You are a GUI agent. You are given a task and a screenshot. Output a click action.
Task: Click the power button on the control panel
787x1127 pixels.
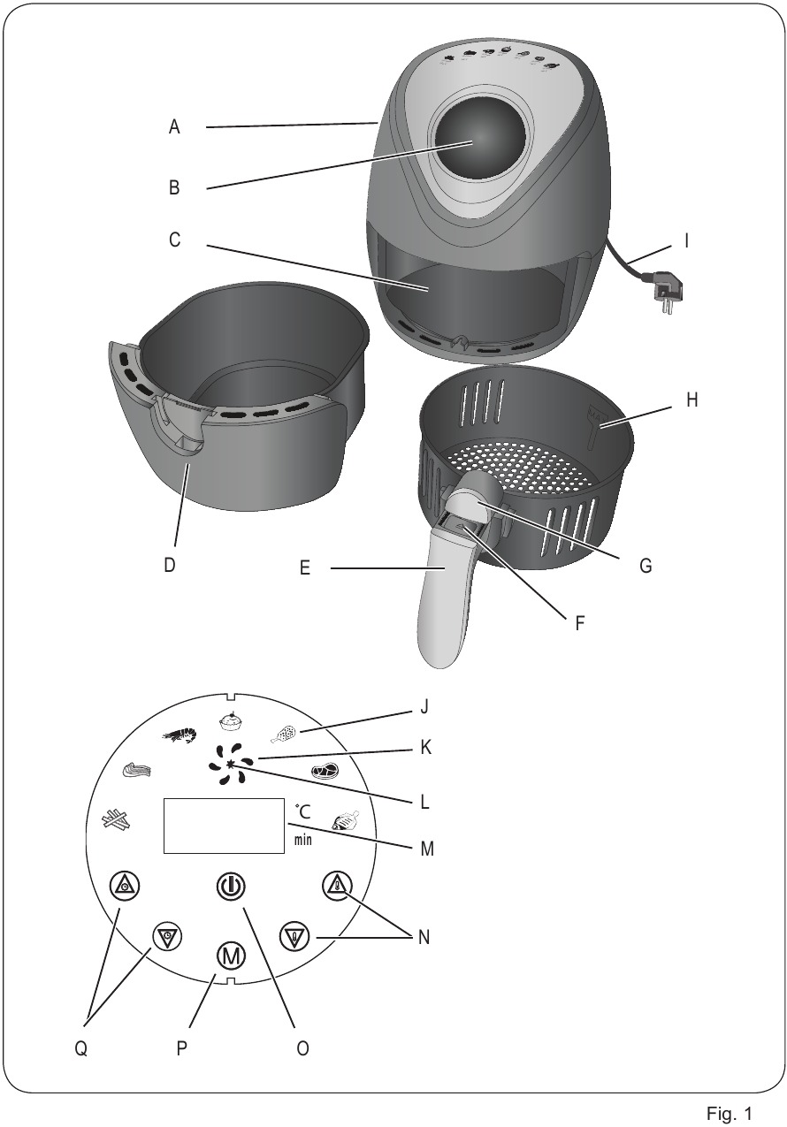click(231, 886)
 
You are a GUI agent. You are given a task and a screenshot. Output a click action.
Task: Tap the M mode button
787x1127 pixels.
click(231, 956)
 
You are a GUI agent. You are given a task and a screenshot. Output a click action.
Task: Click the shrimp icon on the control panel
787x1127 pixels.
click(180, 735)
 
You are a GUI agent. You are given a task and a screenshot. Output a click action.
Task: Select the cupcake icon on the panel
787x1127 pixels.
click(232, 721)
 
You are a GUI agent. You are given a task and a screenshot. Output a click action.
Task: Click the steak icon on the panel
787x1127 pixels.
click(325, 770)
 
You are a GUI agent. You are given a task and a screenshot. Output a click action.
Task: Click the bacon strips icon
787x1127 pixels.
click(137, 770)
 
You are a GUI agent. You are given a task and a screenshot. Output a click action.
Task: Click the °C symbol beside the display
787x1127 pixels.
click(303, 811)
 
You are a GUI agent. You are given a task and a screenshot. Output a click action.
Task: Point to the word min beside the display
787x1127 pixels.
click(303, 839)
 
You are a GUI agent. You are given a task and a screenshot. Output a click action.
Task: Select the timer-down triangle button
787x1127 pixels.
click(166, 935)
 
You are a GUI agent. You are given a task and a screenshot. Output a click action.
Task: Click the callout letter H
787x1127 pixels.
click(691, 400)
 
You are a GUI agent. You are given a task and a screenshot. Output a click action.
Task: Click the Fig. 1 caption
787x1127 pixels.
click(729, 1113)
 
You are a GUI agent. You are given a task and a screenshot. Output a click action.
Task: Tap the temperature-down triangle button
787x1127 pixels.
click(294, 936)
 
